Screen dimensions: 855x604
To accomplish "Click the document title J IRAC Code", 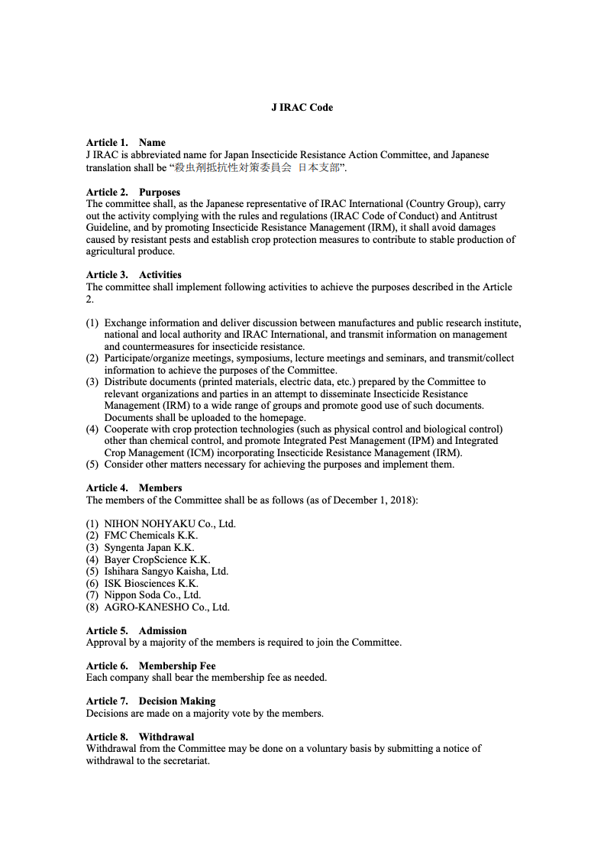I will tap(302, 108).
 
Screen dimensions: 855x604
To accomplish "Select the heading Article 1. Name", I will tap(125, 143).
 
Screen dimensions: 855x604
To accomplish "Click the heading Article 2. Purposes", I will tap(133, 193).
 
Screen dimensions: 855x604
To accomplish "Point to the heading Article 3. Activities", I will tap(134, 275).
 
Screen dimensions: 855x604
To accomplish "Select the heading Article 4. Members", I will tap(134, 488).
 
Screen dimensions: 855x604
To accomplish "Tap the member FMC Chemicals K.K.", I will tap(150, 536).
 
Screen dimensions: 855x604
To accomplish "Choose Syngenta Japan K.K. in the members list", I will tap(149, 548).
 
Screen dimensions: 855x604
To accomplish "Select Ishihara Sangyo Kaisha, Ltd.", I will tap(166, 572).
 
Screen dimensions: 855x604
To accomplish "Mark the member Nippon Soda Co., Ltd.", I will tap(152, 595).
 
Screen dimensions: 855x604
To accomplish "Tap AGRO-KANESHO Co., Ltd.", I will tap(166, 607).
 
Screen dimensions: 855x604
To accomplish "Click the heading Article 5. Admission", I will tap(136, 631).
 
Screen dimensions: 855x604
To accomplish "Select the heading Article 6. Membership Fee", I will tap(150, 666).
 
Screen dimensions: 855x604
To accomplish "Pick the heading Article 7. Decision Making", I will tap(150, 701).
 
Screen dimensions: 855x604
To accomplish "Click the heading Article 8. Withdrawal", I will tap(140, 737).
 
